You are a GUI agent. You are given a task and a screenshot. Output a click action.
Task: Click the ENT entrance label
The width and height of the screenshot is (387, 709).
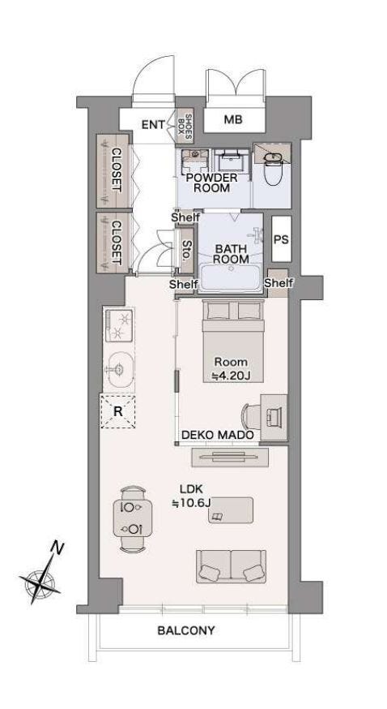tap(153, 124)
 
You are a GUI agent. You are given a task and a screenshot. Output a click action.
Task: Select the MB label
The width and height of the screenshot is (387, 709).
tap(233, 119)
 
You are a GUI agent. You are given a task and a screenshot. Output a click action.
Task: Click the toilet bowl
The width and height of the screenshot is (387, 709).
tap(272, 169)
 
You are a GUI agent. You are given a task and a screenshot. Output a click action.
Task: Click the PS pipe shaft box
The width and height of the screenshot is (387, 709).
tap(281, 238)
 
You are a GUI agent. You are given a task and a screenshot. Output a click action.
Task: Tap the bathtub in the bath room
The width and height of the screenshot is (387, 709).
tap(230, 278)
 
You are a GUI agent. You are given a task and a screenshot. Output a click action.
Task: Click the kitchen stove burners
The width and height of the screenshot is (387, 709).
tap(119, 324)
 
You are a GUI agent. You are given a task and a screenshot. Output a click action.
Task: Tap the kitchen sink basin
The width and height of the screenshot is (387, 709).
tap(119, 370)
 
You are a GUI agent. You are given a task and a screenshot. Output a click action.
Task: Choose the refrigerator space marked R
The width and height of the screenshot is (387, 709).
tap(117, 411)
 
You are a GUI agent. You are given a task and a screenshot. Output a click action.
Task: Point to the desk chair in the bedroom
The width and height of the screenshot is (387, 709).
tap(250, 416)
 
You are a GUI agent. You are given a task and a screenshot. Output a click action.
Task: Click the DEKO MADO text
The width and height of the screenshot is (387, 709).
tap(218, 435)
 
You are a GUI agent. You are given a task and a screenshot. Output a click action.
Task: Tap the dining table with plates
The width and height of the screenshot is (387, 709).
tap(132, 518)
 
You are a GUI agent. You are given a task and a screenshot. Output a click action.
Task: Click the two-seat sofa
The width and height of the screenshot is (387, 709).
tap(231, 566)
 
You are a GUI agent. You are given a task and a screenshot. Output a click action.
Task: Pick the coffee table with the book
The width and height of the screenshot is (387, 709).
tap(231, 510)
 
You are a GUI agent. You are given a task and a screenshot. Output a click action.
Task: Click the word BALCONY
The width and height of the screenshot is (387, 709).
tap(186, 630)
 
